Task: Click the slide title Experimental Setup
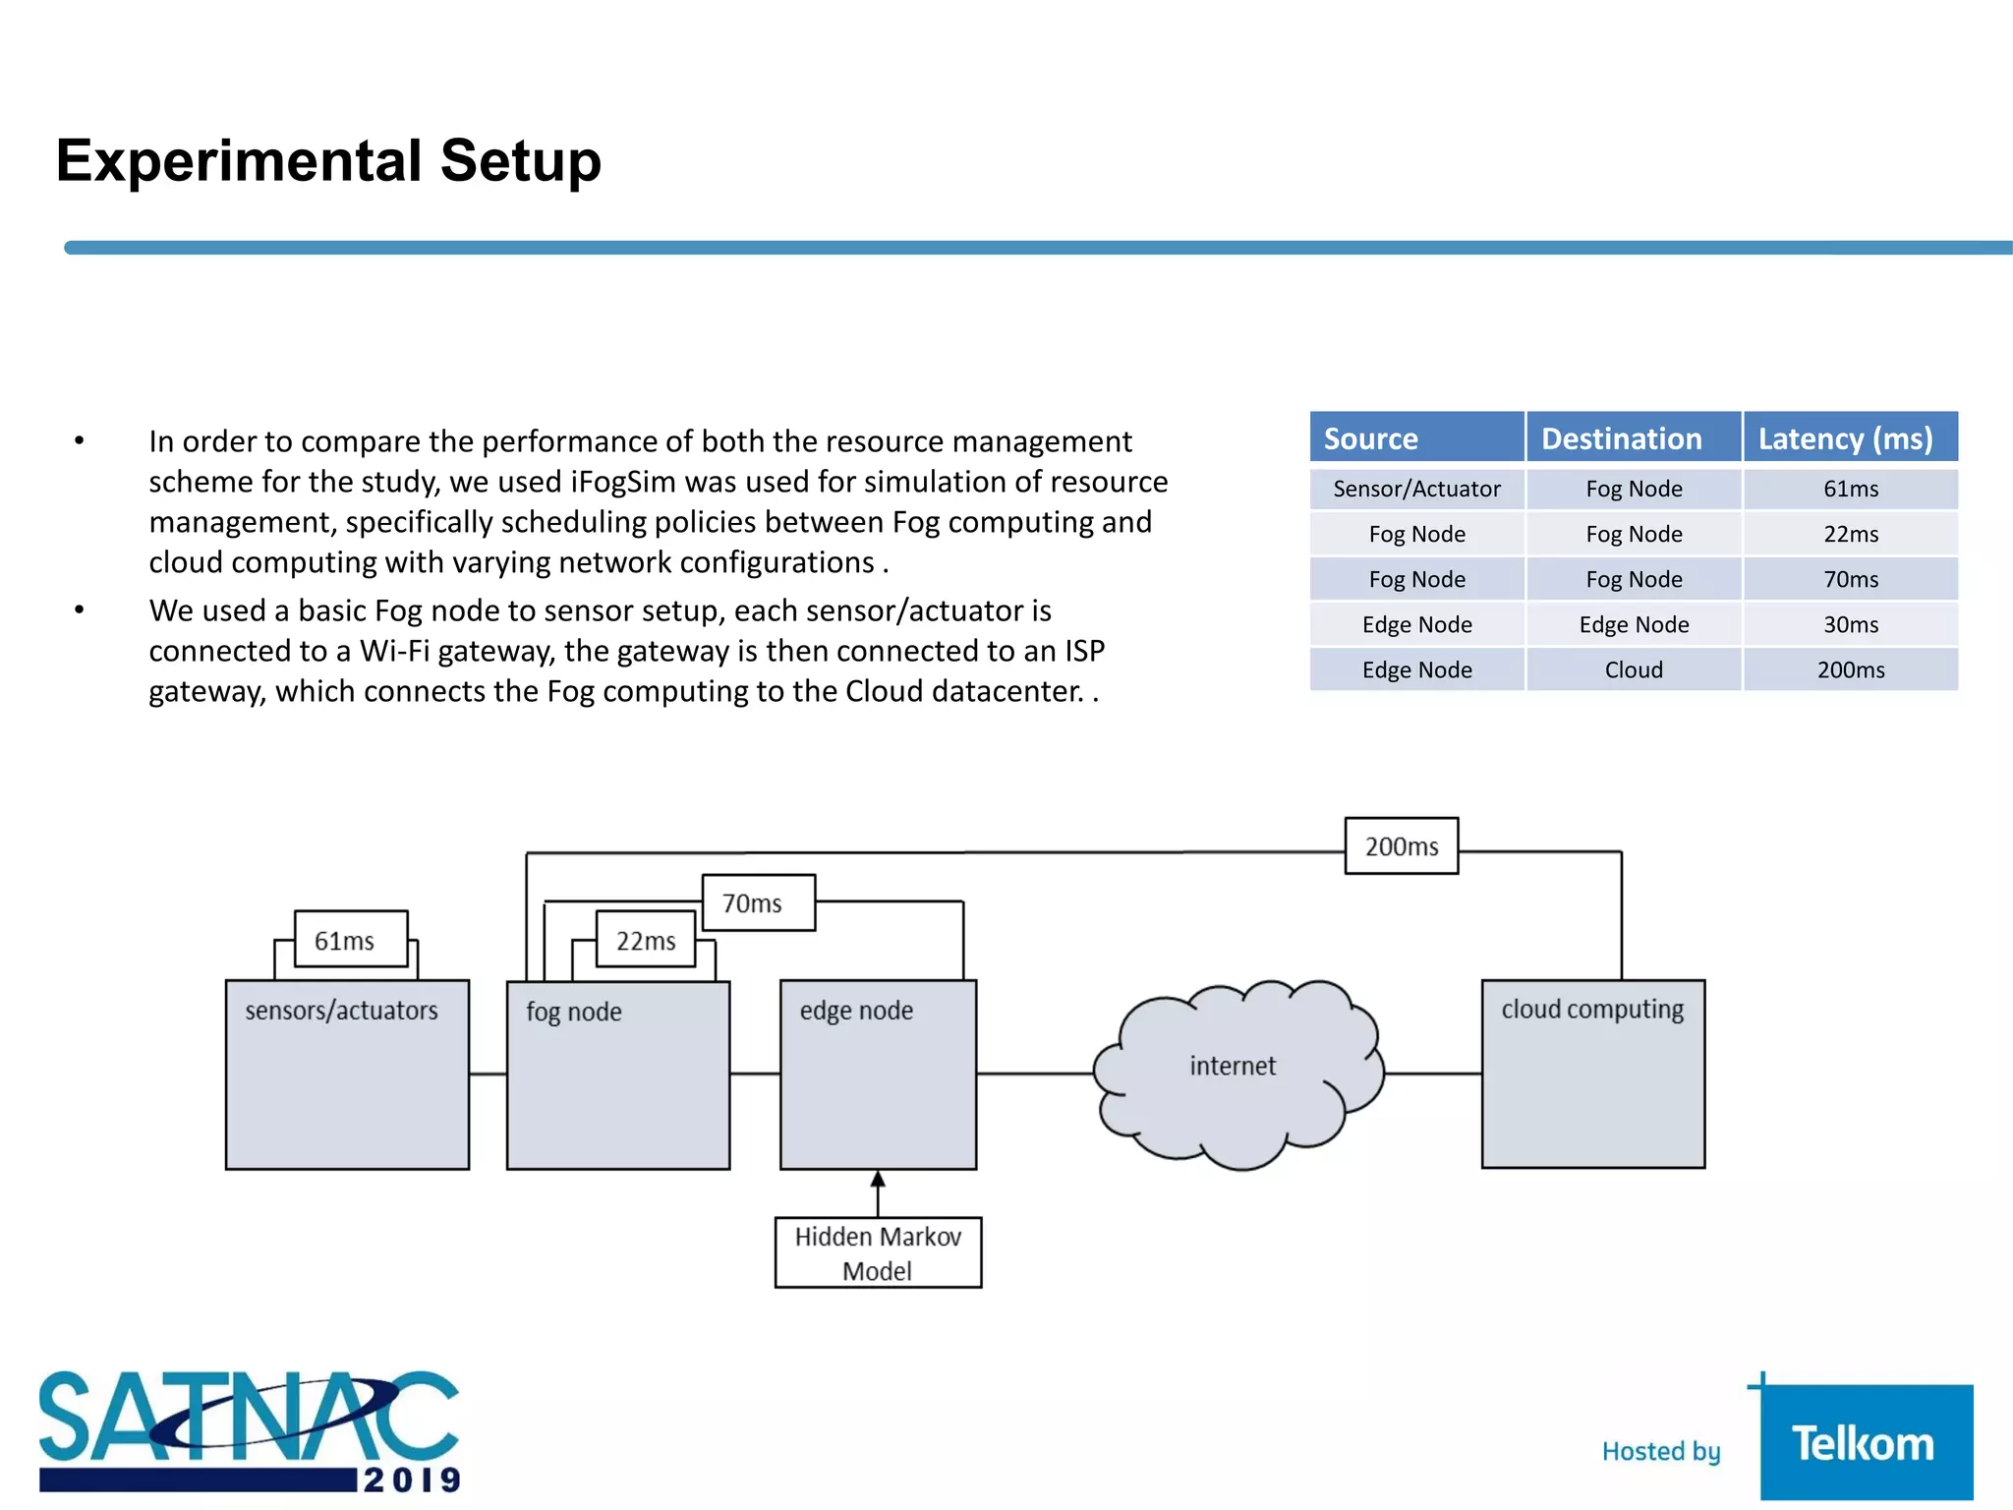[x=328, y=160]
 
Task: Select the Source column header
[x=1416, y=438]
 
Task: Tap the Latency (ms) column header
[x=1850, y=438]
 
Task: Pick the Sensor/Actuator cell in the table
[x=1416, y=489]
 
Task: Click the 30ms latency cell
[x=1850, y=624]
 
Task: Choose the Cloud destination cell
[x=1634, y=669]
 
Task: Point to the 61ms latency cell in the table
[x=1850, y=489]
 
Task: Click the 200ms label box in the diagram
[x=1401, y=846]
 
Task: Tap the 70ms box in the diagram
[x=758, y=902]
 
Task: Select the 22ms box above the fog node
[x=646, y=940]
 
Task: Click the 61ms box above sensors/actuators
[x=351, y=940]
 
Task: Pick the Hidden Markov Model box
[x=878, y=1252]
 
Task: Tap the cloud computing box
[x=1592, y=1074]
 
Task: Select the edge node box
[x=878, y=1074]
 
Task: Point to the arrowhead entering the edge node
[x=878, y=1179]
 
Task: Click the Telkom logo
[x=1865, y=1442]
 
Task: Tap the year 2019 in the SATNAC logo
[x=411, y=1480]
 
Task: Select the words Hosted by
[x=1661, y=1451]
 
